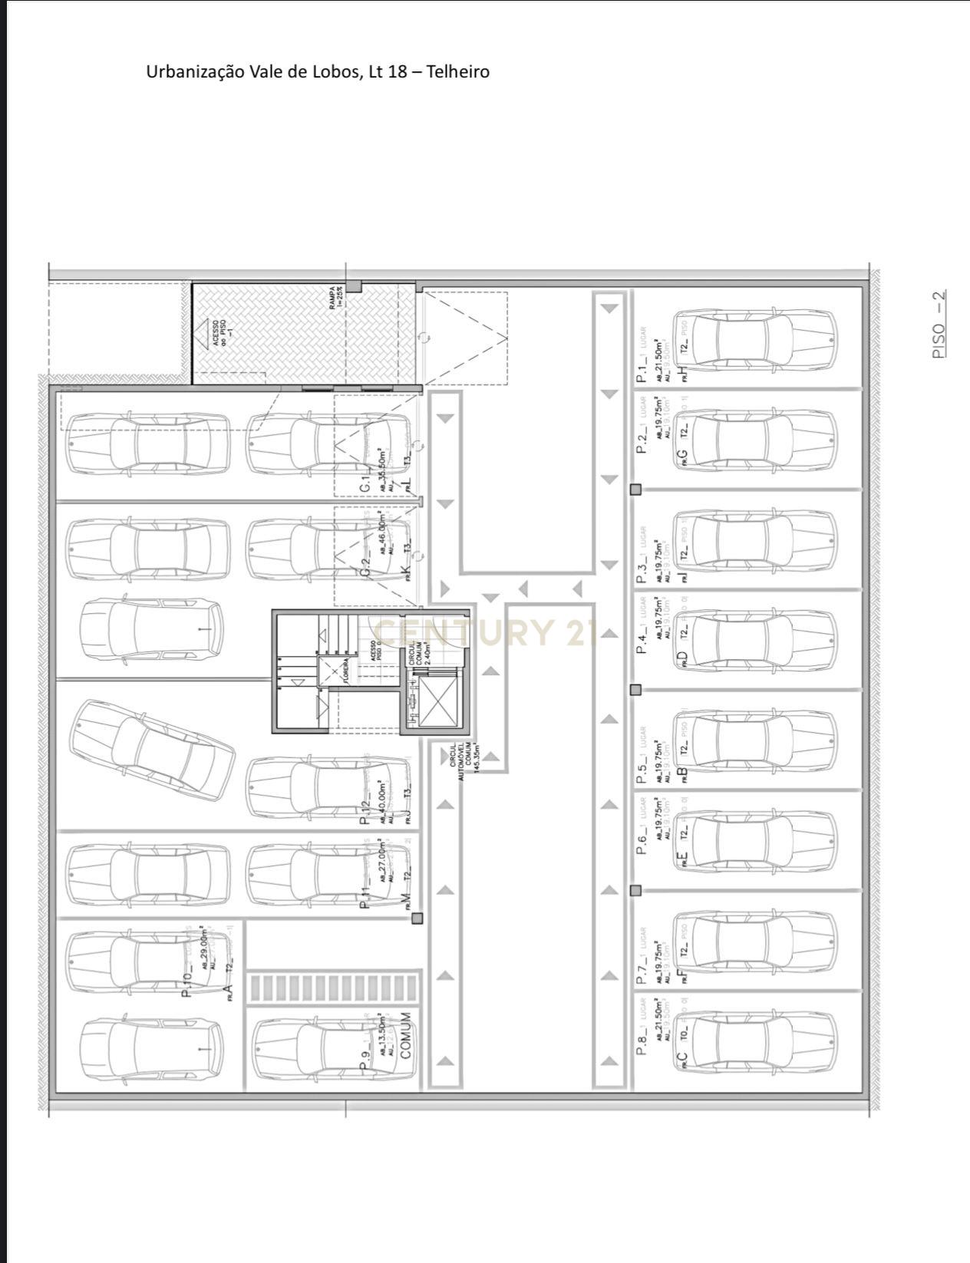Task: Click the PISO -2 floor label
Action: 939,324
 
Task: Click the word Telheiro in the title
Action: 457,72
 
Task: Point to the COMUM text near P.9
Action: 407,1035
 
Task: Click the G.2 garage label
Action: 367,567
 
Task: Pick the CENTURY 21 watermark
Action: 487,632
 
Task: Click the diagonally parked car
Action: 152,750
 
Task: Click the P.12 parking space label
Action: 365,810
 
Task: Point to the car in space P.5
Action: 755,741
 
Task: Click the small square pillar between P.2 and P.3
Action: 635,490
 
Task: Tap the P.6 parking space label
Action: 643,840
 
